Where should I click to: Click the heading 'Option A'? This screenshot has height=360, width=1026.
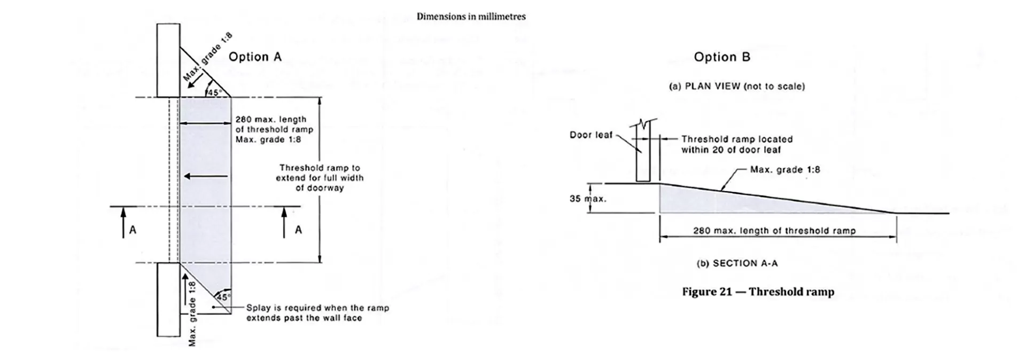255,57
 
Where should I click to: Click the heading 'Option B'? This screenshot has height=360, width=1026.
722,57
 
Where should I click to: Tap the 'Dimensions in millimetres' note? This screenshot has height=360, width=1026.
471,17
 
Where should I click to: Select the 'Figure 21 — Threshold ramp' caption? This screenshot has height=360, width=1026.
758,292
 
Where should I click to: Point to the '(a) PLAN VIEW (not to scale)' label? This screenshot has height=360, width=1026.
736,87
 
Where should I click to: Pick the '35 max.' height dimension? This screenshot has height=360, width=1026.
587,199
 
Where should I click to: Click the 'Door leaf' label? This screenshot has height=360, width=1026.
590,135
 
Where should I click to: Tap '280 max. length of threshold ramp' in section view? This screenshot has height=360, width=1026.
774,231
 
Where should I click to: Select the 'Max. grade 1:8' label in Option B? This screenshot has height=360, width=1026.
784,170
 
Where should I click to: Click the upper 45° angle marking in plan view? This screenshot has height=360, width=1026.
214,92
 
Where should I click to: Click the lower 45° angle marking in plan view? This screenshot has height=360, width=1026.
223,297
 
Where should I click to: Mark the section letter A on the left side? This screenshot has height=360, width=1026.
133,230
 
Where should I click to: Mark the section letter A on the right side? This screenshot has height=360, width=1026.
298,230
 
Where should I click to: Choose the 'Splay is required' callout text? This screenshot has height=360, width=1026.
317,313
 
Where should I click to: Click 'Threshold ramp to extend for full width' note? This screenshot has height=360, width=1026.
320,178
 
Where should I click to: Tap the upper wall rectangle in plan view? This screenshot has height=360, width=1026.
168,60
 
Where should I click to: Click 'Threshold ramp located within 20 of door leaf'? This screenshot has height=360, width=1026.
736,144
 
